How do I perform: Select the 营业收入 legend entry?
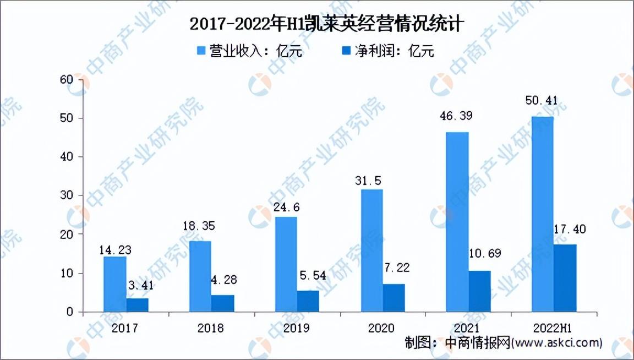(x=249, y=51)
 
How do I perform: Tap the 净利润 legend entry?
(x=388, y=51)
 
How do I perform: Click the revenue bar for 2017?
(x=115, y=284)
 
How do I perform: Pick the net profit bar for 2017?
(x=138, y=305)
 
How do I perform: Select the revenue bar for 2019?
(x=286, y=264)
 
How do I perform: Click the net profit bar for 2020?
(x=394, y=298)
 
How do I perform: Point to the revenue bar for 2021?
(x=457, y=222)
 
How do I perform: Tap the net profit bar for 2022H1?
(x=565, y=278)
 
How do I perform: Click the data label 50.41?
(x=542, y=100)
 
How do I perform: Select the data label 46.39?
(x=456, y=116)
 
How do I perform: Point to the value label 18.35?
(x=199, y=226)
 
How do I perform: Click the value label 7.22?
(x=397, y=268)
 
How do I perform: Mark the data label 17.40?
(x=570, y=230)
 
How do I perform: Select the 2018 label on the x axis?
(x=211, y=328)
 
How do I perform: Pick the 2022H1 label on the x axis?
(x=553, y=328)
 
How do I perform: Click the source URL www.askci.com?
(x=557, y=343)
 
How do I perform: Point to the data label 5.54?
(x=313, y=275)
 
